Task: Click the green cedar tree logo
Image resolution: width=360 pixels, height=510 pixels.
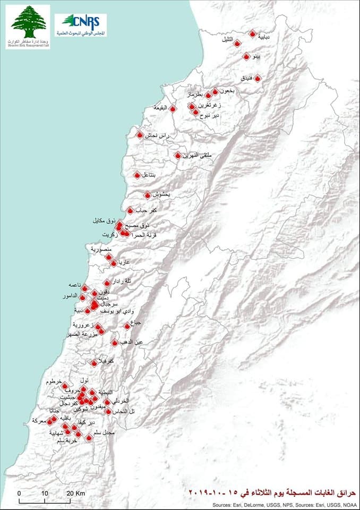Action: point(28,21)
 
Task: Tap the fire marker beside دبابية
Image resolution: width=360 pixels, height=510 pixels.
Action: point(252,33)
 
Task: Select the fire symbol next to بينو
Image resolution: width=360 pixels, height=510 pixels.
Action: point(246,56)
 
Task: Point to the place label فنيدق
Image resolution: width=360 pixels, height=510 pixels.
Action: point(246,78)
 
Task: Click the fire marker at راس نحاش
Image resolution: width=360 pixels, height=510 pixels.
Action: point(140,135)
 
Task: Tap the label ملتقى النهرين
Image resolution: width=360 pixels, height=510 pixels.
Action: point(197,156)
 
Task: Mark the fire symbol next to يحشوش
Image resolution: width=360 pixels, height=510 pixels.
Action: point(148,195)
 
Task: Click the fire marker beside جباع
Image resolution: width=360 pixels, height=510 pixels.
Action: point(127,326)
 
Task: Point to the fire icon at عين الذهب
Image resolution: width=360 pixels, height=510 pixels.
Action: point(115,343)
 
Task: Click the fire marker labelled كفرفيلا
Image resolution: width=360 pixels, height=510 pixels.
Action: point(95,363)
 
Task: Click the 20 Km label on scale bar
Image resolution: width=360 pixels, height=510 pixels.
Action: point(78,492)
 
